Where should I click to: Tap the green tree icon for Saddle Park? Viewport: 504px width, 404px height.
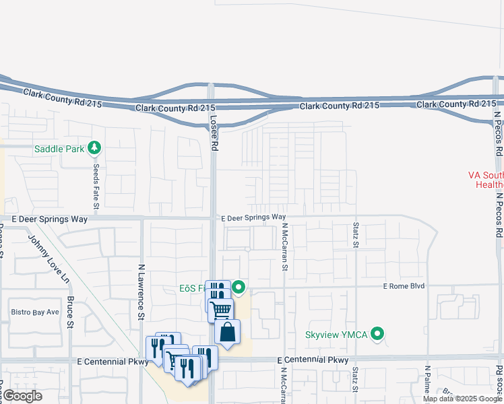point(94,147)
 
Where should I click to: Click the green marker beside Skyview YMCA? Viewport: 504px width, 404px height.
point(378,334)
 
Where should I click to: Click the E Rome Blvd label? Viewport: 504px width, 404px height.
point(404,286)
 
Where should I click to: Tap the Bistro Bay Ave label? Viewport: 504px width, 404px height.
point(35,312)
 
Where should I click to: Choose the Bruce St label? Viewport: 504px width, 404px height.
point(70,314)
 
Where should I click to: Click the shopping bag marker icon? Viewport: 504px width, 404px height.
point(228,332)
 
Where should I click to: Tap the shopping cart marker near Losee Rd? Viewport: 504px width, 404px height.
point(220,310)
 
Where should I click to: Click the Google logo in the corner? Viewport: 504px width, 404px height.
point(22,396)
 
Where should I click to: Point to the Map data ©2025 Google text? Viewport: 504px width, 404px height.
point(462,399)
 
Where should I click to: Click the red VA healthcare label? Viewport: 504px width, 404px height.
point(485,179)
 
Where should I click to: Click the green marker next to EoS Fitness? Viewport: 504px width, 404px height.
point(239,289)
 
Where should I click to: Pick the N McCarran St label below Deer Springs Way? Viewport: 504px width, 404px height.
point(285,247)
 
